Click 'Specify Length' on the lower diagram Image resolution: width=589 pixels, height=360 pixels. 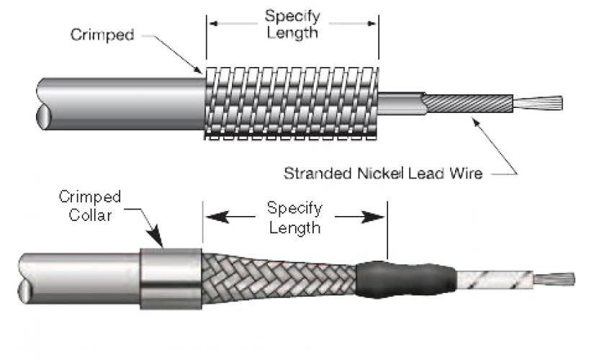[x=294, y=217]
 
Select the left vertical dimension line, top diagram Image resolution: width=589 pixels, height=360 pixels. [x=207, y=40]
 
